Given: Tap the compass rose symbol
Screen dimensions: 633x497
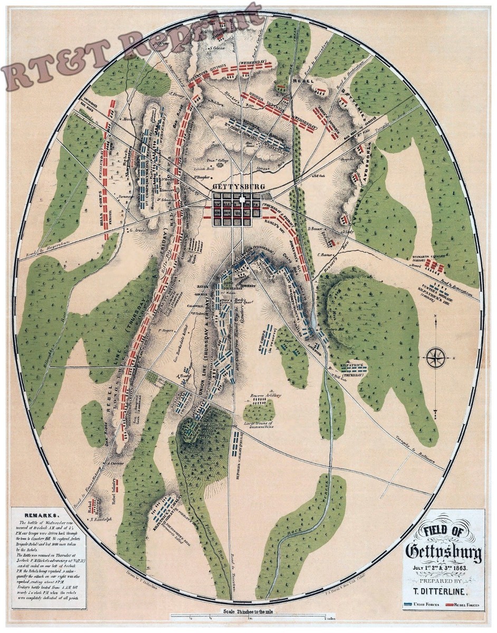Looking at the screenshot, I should point(436,358).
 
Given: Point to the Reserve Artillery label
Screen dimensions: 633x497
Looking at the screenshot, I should point(262,395).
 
